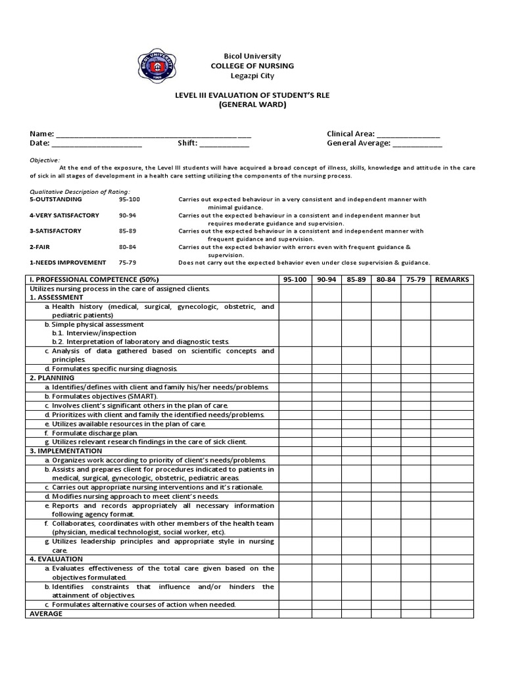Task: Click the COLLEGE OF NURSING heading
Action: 252,66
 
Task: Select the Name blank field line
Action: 154,135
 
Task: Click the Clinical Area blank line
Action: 412,135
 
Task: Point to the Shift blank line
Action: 224,145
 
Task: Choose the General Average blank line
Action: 418,145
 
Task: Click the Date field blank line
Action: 97,145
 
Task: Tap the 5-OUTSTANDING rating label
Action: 56,199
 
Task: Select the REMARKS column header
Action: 452,279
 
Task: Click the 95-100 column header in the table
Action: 295,279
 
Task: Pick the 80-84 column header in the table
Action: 386,279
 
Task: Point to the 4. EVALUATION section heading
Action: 57,559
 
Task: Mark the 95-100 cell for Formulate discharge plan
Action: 295,433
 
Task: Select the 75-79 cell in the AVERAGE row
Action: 416,613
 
